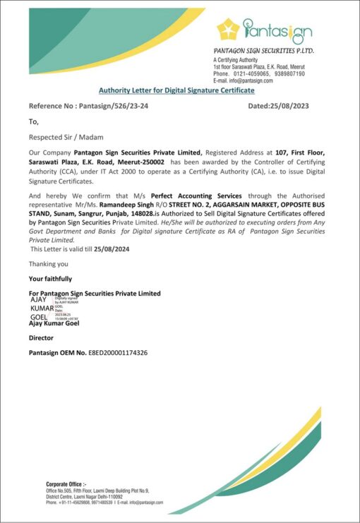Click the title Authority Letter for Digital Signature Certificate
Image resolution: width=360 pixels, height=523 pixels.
click(x=176, y=90)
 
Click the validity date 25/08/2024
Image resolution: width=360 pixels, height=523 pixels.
click(x=109, y=248)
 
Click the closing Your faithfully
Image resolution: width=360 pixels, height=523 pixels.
click(x=50, y=279)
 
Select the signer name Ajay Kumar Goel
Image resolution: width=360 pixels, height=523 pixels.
click(x=54, y=323)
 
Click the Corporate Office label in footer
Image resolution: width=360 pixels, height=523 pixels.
click(x=66, y=483)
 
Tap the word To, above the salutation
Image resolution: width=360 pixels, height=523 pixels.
click(x=32, y=121)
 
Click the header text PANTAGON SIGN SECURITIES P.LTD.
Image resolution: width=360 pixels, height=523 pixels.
click(x=263, y=52)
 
